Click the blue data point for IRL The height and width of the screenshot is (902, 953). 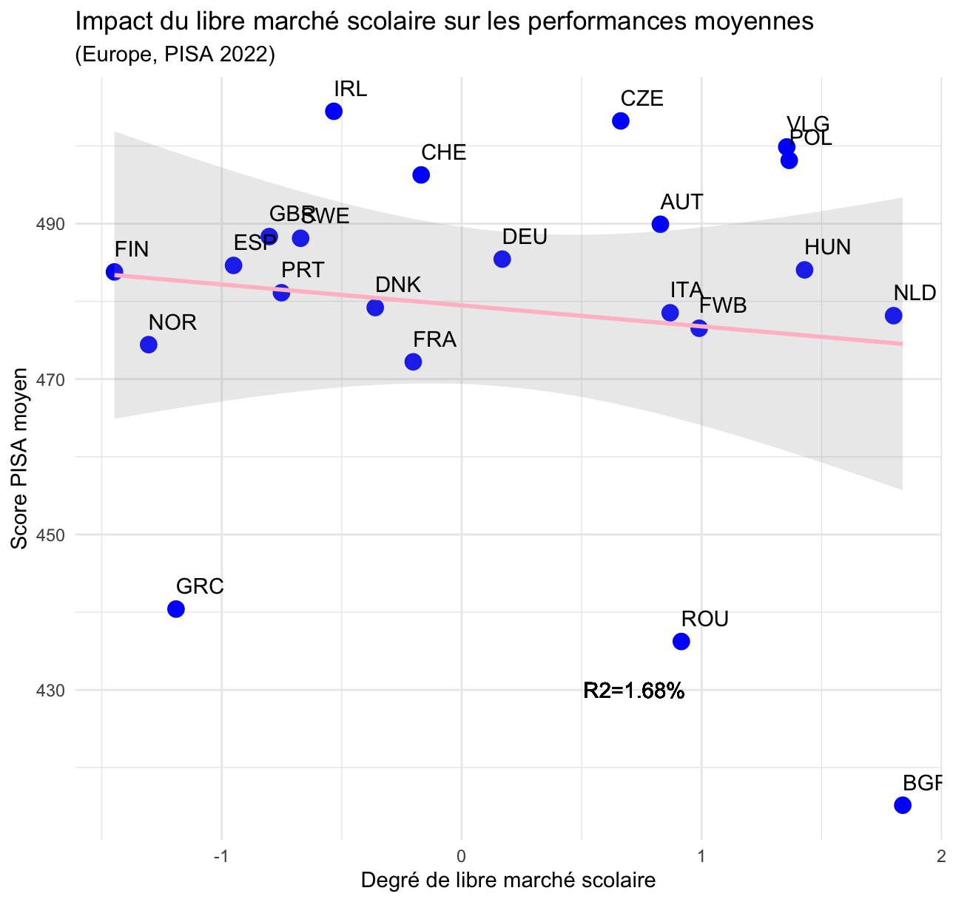(334, 112)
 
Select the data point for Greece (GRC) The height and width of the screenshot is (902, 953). (176, 609)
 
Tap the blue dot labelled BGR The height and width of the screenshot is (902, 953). (903, 805)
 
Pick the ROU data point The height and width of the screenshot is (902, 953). (681, 641)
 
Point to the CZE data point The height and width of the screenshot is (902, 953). (621, 121)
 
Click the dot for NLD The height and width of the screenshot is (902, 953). (893, 316)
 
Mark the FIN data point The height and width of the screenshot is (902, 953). (114, 272)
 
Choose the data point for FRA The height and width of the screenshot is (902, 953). (413, 362)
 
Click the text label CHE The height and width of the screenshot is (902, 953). (444, 153)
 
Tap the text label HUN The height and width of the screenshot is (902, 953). (828, 248)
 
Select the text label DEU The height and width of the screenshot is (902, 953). (525, 237)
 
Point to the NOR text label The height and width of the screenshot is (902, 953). (172, 323)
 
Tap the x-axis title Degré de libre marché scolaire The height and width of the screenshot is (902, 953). (508, 881)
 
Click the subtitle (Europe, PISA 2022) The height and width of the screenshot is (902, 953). (175, 55)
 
